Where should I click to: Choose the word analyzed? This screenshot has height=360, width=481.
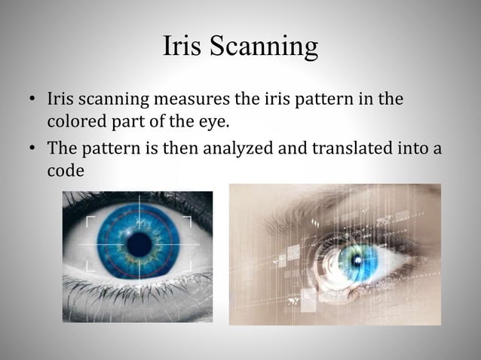click(233, 148)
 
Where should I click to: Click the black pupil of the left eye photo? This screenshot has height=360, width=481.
click(139, 244)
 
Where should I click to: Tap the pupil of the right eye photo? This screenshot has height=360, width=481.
click(354, 261)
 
